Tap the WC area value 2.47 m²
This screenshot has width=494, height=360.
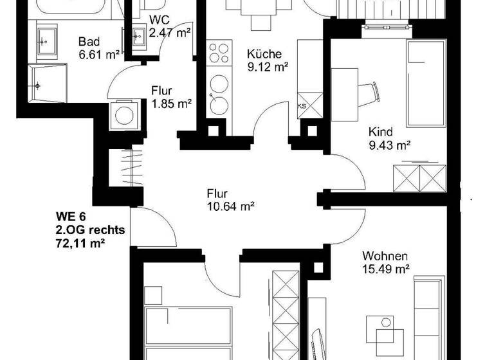coord(170,32)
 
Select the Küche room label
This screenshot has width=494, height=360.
coord(264,53)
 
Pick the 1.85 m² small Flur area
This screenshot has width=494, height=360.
coord(173,103)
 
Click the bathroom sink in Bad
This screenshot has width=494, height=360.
coord(44,42)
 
